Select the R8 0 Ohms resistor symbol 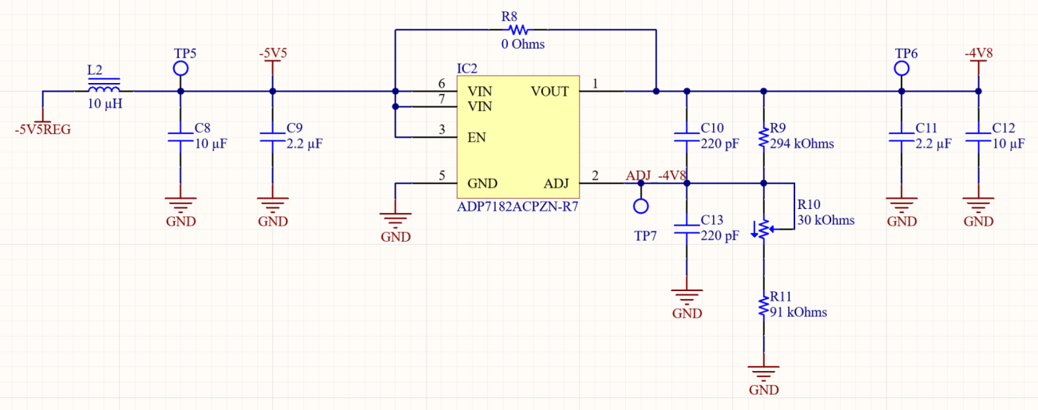point(514,30)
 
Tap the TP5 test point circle point(180,69)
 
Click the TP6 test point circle point(901,69)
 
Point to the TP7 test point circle point(640,207)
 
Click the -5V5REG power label point(42,129)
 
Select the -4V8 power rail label point(978,53)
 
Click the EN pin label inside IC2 point(476,137)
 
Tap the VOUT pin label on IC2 point(549,91)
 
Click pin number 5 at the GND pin point(442,175)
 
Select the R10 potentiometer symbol point(764,228)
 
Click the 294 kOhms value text point(802,144)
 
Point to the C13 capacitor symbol point(686,228)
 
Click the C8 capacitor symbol point(180,136)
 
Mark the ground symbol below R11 point(764,373)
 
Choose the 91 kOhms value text point(798,313)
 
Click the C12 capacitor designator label point(1003,128)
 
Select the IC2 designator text point(466,69)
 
